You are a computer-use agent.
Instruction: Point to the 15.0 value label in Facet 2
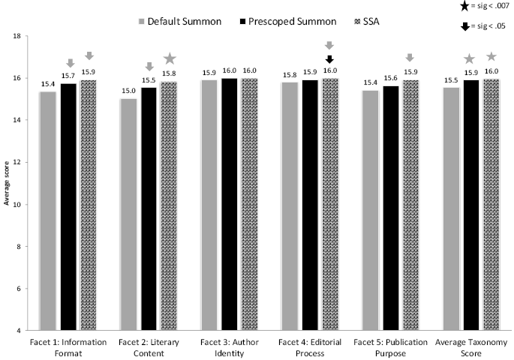(129, 92)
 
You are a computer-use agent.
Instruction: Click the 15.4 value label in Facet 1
(48, 85)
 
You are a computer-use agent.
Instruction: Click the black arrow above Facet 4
(329, 60)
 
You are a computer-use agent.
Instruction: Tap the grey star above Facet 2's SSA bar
(170, 58)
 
